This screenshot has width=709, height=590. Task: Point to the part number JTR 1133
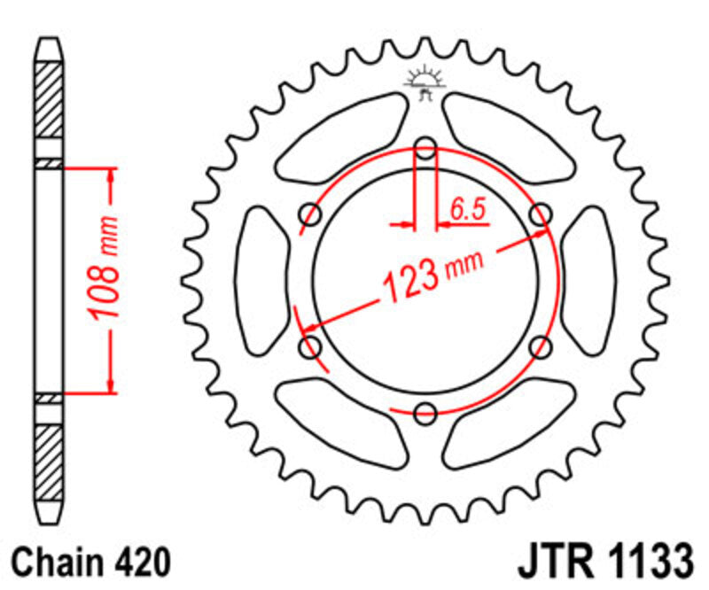pyautogui.click(x=603, y=562)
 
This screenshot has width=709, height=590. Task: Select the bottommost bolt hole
pyautogui.click(x=425, y=412)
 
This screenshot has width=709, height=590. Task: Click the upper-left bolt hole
pyautogui.click(x=311, y=213)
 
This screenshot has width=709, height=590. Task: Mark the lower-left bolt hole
pyautogui.click(x=311, y=346)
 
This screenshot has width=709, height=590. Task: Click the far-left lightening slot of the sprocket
pyautogui.click(x=261, y=280)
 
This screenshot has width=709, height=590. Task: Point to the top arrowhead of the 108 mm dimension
pyautogui.click(x=111, y=177)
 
